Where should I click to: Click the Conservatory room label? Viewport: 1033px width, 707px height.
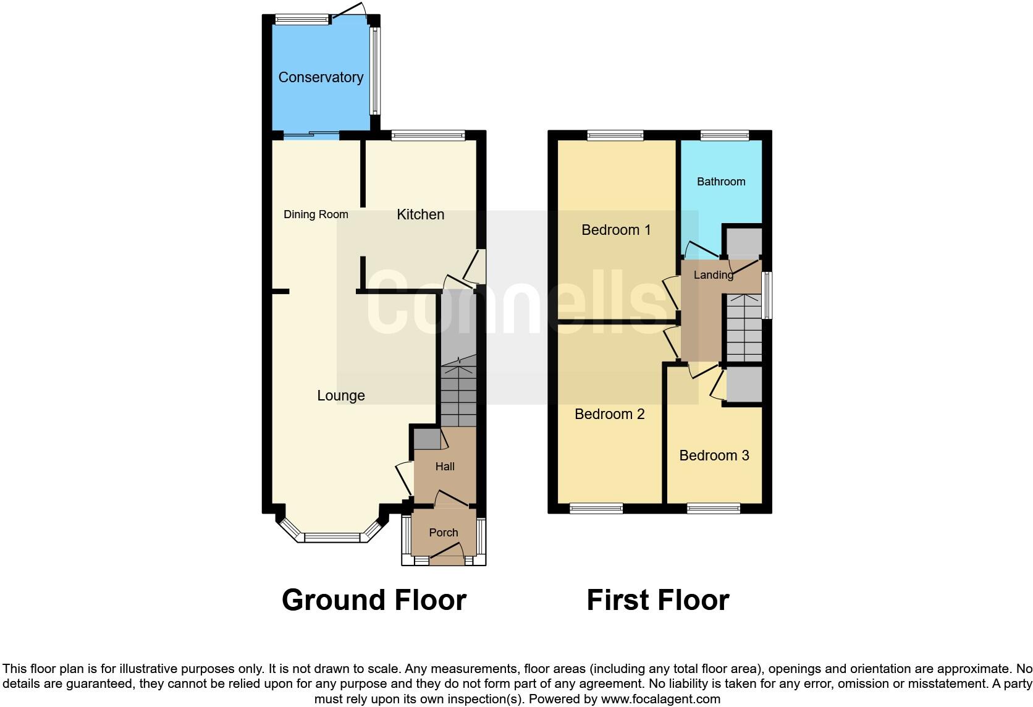click(321, 77)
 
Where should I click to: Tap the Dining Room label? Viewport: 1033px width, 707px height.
click(316, 214)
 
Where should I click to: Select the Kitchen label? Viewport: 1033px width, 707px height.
click(420, 214)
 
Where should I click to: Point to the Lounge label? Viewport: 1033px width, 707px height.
click(341, 396)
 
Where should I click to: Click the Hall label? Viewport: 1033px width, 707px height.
click(445, 467)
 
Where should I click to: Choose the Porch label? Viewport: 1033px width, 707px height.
click(444, 533)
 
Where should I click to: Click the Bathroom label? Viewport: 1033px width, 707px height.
click(721, 182)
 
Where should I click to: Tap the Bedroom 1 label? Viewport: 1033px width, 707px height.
click(616, 230)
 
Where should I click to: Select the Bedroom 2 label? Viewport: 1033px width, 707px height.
click(609, 414)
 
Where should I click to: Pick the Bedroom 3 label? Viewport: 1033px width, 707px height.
click(714, 455)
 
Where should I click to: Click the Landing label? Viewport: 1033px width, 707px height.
click(714, 275)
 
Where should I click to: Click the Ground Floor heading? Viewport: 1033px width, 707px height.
click(374, 600)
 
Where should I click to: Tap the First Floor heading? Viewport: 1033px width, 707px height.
click(657, 600)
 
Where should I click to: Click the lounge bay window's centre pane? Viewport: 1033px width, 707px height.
click(332, 538)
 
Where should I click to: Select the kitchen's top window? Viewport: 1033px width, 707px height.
click(428, 135)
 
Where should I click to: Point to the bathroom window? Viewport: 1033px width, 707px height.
click(724, 135)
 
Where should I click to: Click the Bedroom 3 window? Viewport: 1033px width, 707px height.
click(713, 509)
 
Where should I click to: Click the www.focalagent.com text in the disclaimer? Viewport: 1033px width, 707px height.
click(660, 700)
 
